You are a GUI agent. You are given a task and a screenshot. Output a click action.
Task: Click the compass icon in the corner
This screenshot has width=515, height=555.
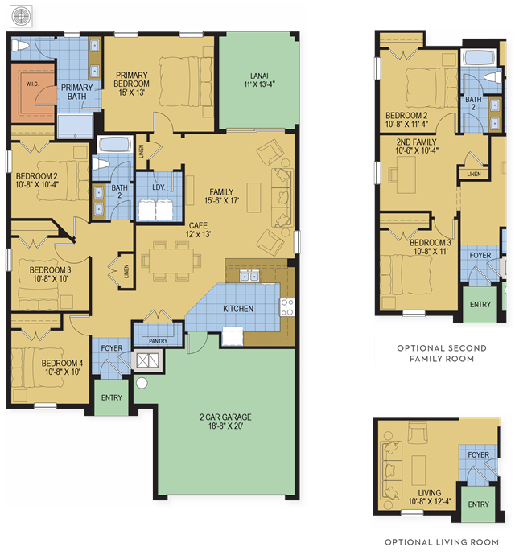click(21, 16)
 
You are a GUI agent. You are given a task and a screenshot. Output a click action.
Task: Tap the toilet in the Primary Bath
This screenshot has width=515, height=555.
click(20, 46)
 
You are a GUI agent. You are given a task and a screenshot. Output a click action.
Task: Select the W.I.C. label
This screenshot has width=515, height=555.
click(32, 84)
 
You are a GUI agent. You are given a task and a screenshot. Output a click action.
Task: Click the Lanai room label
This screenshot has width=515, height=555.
click(259, 80)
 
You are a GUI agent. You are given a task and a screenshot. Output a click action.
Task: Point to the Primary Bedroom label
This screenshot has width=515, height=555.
click(131, 84)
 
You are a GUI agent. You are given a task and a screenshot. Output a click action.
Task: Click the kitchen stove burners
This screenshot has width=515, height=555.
click(287, 307)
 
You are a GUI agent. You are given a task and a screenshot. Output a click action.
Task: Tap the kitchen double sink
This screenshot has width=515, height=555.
click(249, 275)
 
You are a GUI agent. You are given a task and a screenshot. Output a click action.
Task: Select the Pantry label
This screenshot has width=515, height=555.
click(158, 341)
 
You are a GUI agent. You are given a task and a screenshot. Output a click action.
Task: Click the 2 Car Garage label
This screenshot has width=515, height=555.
click(225, 421)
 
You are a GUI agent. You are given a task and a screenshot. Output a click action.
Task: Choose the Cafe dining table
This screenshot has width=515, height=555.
click(171, 261)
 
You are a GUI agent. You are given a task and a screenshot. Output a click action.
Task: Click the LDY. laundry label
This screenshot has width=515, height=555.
click(159, 187)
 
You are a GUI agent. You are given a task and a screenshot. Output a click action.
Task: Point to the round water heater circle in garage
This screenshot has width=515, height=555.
click(142, 383)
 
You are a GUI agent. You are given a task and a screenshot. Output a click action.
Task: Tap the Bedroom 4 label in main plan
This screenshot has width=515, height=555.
click(62, 368)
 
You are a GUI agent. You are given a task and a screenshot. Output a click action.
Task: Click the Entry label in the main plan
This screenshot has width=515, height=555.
click(112, 397)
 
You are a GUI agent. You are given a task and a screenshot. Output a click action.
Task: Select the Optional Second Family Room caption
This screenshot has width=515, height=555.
click(442, 353)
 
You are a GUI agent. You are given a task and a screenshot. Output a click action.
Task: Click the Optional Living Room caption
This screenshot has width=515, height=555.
click(442, 542)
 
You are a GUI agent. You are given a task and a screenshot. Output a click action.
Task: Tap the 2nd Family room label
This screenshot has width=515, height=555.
click(417, 146)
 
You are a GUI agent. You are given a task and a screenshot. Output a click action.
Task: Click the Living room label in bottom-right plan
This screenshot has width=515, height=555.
click(430, 497)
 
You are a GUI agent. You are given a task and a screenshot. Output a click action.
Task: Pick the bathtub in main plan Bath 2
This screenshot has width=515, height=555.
click(114, 146)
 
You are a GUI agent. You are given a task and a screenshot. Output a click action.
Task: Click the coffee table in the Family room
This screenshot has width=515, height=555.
click(253, 197)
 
